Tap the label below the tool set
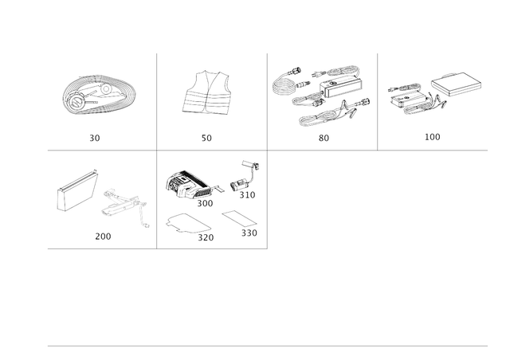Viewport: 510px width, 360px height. (323, 138)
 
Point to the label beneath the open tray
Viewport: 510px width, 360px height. (432, 138)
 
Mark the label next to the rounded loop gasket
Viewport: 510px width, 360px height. (206, 236)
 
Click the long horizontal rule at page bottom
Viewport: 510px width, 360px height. (267, 346)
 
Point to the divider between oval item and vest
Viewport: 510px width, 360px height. (156, 100)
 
